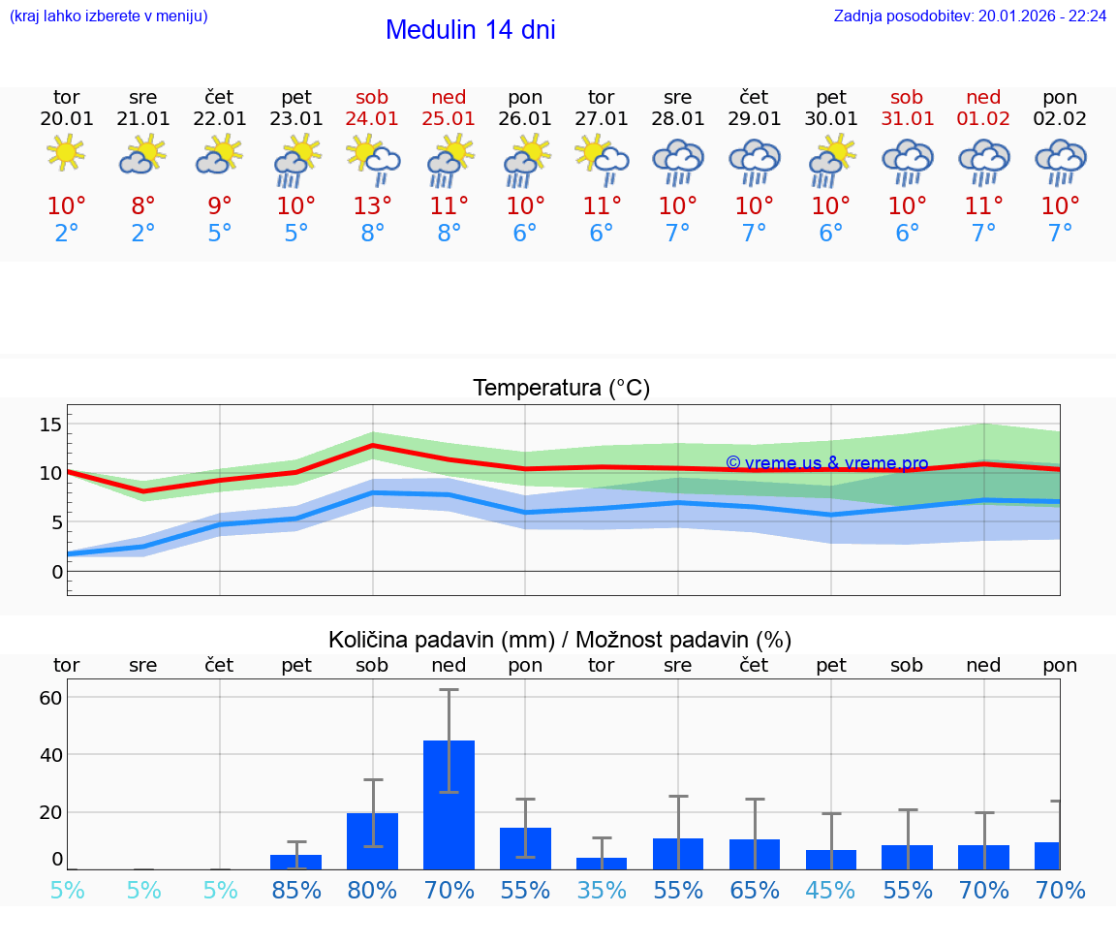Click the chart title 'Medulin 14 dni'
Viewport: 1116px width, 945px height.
[470, 30]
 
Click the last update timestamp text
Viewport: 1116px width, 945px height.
[970, 16]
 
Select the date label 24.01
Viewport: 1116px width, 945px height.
[372, 119]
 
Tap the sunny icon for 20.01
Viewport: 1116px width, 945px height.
[66, 153]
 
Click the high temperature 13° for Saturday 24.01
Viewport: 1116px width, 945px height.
[372, 206]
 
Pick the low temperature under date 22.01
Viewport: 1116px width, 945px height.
[220, 234]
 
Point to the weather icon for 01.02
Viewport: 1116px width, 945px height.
[983, 160]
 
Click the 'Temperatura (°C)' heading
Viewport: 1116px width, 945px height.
[561, 389]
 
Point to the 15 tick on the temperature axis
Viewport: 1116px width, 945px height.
[50, 425]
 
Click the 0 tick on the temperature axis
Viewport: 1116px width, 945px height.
[57, 572]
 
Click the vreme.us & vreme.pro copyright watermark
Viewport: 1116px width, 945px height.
[826, 463]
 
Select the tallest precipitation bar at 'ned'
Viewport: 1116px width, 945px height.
[449, 804]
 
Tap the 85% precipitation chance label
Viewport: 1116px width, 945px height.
[295, 890]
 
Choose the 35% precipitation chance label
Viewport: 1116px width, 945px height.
[602, 890]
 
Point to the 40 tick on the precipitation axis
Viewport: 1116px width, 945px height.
[50, 755]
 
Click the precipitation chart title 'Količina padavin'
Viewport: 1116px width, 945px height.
[560, 640]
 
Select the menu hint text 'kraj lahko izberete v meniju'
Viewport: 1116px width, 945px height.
[108, 16]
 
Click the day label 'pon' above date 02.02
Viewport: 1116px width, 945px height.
[1060, 97]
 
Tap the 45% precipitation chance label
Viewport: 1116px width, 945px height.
[831, 890]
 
